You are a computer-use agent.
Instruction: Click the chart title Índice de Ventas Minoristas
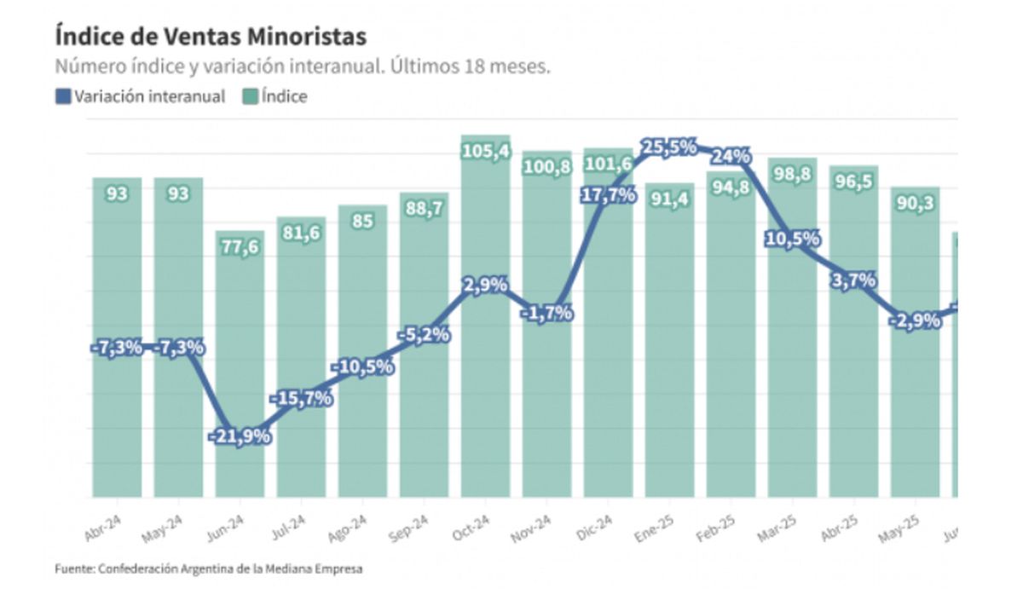point(211,36)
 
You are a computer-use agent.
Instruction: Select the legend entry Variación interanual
point(141,96)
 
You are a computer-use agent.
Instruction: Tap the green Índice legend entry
point(276,96)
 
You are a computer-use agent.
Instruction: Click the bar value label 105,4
point(485,151)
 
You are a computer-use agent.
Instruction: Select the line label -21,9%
point(240,436)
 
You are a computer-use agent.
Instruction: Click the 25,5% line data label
point(669,147)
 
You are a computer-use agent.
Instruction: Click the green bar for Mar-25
point(792,384)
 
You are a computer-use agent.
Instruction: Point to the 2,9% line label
point(485,284)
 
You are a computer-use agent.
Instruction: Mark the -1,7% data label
point(546,312)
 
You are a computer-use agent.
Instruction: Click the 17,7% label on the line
point(608,195)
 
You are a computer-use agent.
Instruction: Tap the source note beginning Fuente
point(208,569)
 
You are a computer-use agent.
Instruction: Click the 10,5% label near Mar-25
point(792,239)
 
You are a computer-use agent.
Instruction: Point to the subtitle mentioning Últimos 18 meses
point(303,66)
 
